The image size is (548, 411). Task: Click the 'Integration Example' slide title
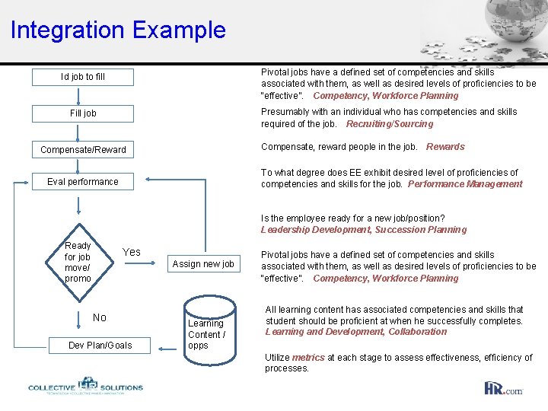[x=118, y=30]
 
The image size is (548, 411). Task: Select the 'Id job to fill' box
[x=83, y=77]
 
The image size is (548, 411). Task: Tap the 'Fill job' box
[x=83, y=113]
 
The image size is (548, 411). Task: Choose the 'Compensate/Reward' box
[x=83, y=149]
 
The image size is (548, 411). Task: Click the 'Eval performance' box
[x=83, y=182]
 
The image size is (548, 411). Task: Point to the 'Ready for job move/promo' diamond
[x=78, y=262]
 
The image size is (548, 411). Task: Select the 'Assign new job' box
[x=203, y=264]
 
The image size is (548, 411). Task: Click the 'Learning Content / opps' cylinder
[x=206, y=333]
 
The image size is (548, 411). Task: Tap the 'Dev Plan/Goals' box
[x=100, y=346]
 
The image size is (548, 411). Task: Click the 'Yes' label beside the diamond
[x=132, y=252]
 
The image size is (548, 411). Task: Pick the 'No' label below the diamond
[x=100, y=317]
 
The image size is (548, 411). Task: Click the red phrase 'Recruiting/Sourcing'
[x=389, y=124]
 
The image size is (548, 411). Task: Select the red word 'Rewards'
[x=445, y=147]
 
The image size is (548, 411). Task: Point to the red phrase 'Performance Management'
[x=465, y=184]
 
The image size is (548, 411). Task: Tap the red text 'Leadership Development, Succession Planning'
[x=364, y=230]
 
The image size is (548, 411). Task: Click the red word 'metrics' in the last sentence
[x=307, y=358]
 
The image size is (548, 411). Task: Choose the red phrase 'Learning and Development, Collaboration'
[x=355, y=332]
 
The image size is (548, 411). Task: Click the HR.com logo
[x=503, y=388]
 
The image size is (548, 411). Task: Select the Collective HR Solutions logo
[x=85, y=386]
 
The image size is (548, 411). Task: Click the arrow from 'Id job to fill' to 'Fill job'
[x=79, y=95]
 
